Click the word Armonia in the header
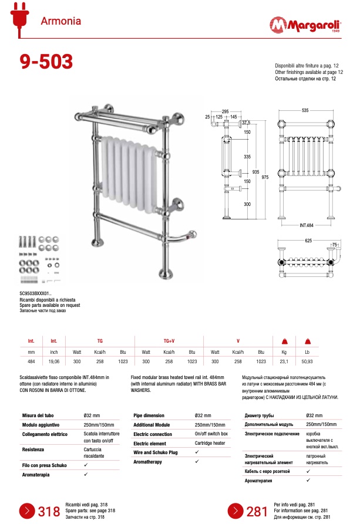[60, 22]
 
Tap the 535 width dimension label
[305, 110]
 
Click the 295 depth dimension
[225, 110]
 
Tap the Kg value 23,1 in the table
[284, 362]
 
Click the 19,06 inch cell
[53, 362]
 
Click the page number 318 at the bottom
[49, 511]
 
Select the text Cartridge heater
[210, 444]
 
